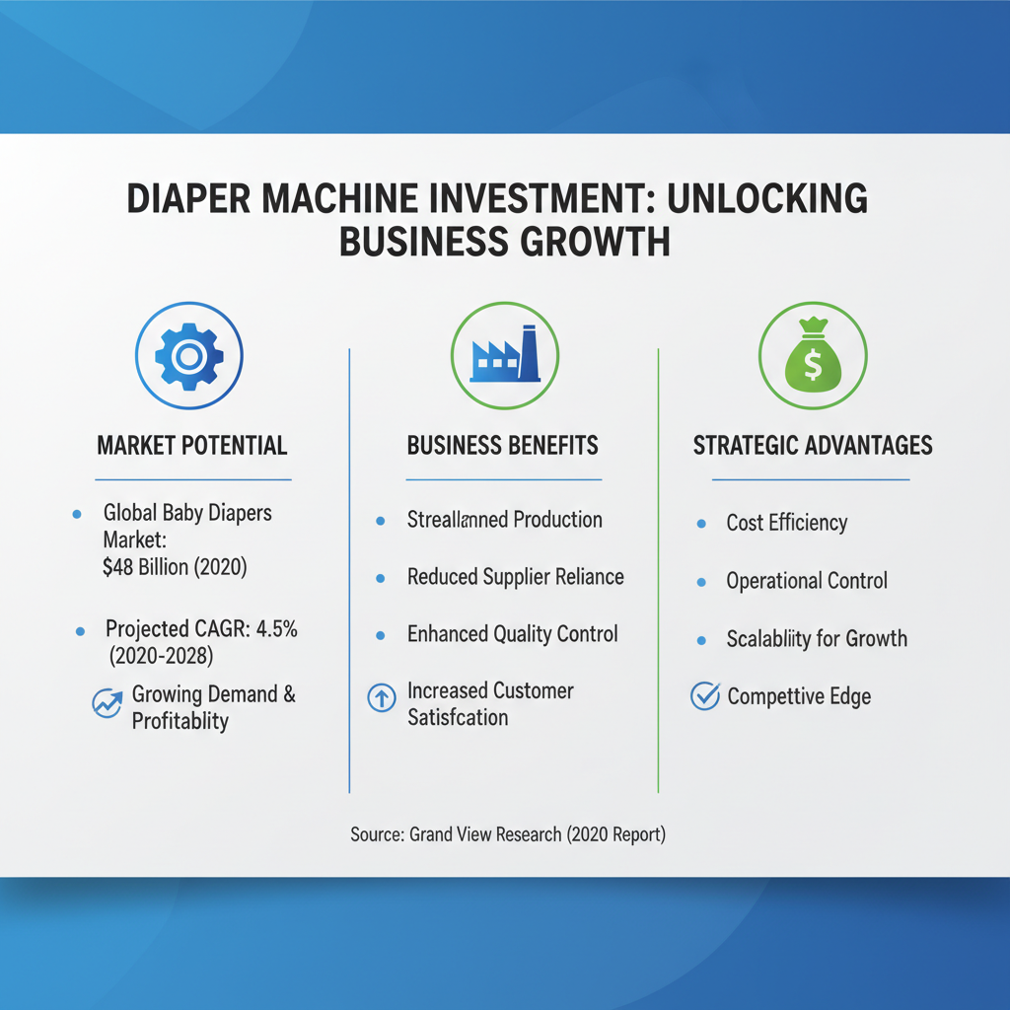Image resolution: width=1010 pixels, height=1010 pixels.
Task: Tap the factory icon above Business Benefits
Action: (x=505, y=355)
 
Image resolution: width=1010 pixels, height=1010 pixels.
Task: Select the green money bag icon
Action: (x=813, y=356)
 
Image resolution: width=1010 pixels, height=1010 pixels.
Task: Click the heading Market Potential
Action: (x=192, y=445)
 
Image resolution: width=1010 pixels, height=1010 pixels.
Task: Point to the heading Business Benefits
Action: (x=503, y=445)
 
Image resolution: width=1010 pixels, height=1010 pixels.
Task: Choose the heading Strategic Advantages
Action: (x=813, y=445)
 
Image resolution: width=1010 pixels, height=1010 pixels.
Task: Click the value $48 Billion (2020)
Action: (x=174, y=567)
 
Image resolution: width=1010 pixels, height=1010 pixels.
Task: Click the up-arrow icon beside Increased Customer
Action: (x=381, y=697)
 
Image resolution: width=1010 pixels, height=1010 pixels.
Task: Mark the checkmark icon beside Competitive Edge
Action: (x=704, y=697)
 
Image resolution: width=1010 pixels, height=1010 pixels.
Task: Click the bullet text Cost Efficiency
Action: (x=787, y=523)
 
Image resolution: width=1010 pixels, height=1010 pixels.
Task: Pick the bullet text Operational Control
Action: (x=807, y=581)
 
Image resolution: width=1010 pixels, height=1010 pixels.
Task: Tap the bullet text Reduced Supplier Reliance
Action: (x=515, y=576)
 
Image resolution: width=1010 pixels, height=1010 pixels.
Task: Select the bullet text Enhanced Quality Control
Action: (x=513, y=633)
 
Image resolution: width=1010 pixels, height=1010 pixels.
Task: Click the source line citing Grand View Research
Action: (x=508, y=835)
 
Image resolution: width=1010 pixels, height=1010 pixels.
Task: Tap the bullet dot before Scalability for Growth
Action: (x=701, y=639)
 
